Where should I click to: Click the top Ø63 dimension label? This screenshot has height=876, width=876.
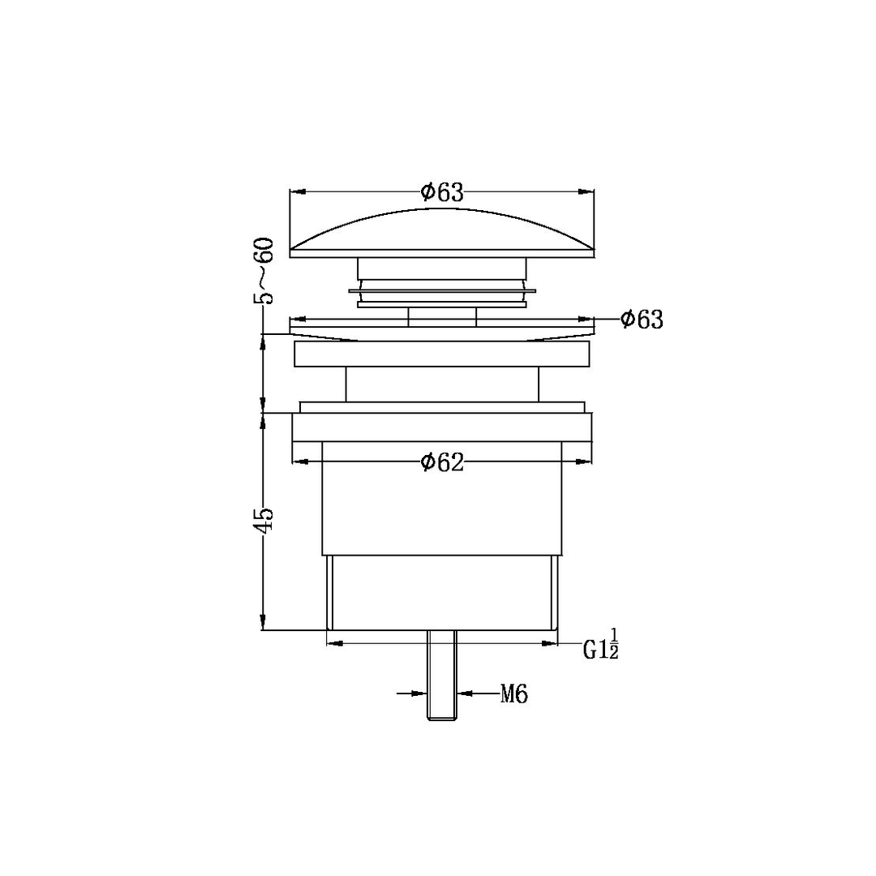(442, 192)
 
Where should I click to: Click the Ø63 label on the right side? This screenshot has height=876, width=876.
(642, 320)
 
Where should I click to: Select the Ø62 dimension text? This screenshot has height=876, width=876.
(442, 462)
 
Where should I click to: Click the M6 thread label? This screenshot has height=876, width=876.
(514, 694)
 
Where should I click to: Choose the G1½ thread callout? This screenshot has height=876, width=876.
(601, 647)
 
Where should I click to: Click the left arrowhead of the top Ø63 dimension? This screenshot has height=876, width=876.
(297, 192)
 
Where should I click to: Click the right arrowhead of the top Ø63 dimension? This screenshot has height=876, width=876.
(586, 192)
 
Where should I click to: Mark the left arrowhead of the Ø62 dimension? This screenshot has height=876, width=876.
(299, 462)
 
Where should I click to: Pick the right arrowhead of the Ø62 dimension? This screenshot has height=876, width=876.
(585, 462)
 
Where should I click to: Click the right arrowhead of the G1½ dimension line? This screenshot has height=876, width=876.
(552, 643)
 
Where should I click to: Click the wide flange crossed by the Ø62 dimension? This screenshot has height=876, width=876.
(442, 427)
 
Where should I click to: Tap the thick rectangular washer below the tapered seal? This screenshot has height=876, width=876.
(442, 354)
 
